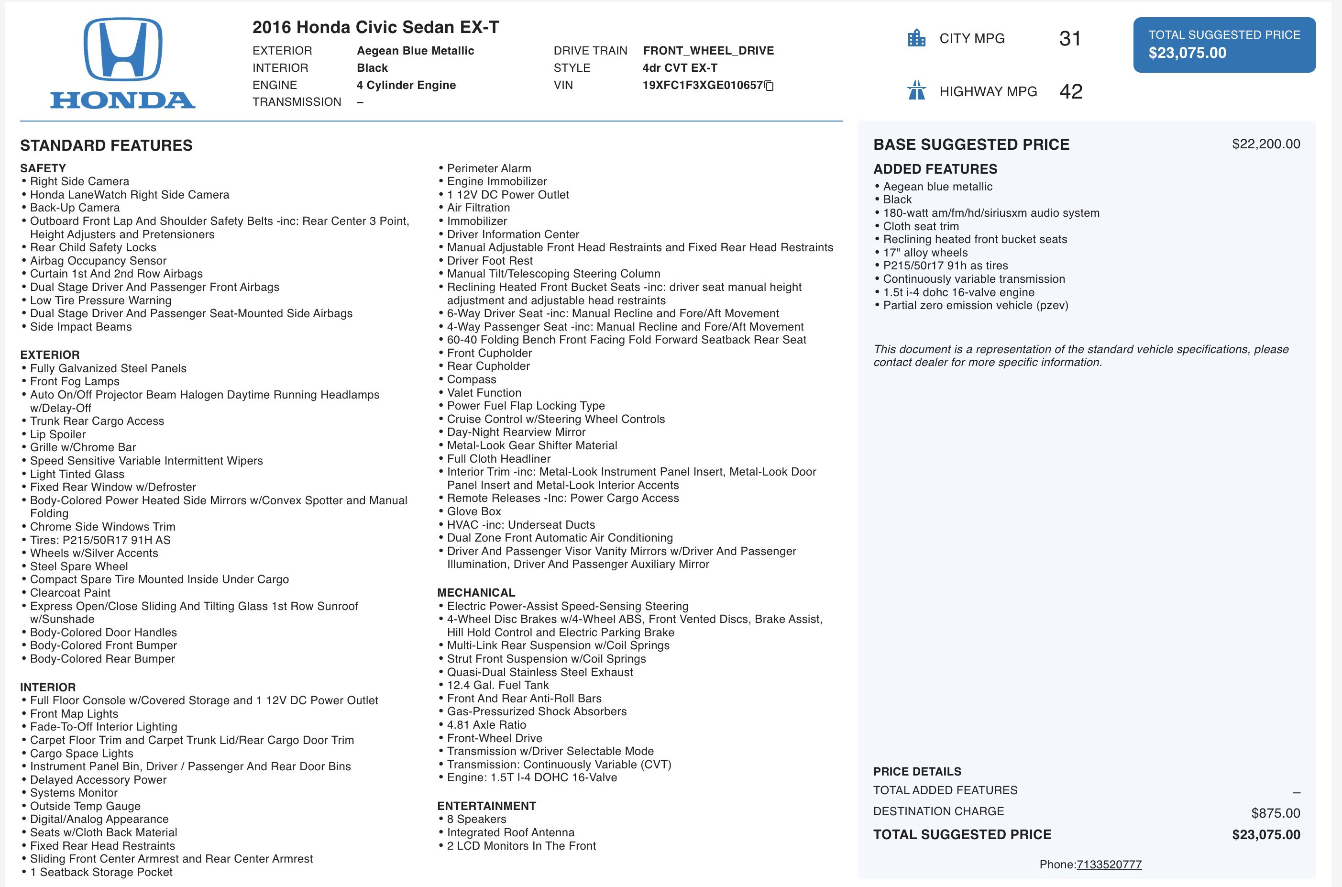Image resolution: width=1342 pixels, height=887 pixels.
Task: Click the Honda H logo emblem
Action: (123, 49)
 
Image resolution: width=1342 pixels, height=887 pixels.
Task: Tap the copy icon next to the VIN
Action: (769, 86)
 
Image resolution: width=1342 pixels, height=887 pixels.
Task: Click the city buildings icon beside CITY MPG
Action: (916, 38)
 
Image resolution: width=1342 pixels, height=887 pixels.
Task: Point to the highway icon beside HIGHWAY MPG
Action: (916, 90)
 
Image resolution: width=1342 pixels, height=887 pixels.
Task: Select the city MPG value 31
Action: (1070, 38)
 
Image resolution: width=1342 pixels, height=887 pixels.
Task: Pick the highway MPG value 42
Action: (1070, 91)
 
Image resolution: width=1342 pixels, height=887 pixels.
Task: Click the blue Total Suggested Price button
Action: (1224, 44)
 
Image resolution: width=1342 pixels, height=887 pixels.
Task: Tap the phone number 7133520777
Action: (1109, 865)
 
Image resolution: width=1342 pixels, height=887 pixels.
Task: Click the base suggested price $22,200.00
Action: (1265, 144)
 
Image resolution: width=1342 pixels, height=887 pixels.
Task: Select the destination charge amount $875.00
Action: (1275, 813)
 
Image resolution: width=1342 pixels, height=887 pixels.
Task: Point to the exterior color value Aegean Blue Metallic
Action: (415, 51)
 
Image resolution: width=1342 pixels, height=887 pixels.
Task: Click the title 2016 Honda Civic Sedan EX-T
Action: (375, 27)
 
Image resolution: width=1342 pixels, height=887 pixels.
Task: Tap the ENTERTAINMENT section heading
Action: (486, 806)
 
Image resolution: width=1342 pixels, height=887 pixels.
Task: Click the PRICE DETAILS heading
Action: (917, 772)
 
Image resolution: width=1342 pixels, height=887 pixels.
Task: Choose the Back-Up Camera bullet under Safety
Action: (75, 208)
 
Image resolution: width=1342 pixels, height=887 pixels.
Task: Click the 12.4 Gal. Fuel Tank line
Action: (498, 685)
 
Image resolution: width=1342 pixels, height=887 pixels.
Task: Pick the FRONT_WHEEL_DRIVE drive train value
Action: (708, 51)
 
